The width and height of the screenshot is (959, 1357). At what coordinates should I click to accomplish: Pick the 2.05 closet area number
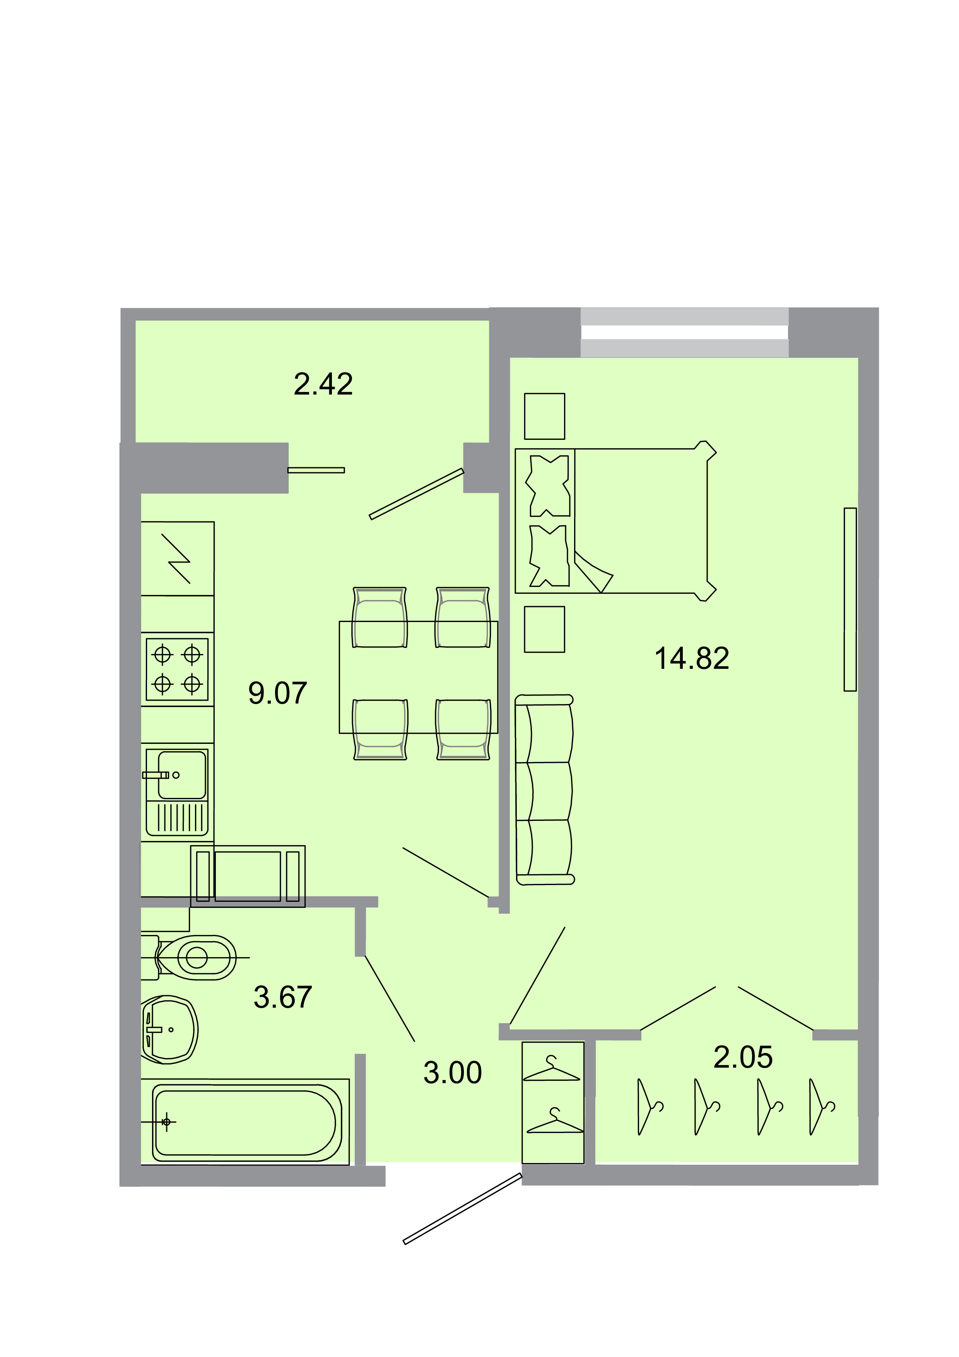[743, 1057]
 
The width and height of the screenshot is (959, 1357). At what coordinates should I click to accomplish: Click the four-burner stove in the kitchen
[177, 670]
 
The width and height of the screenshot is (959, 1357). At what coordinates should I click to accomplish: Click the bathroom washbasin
[169, 1030]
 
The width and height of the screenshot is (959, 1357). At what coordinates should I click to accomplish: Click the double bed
[615, 521]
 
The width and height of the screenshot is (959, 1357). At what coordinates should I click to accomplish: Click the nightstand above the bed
[544, 417]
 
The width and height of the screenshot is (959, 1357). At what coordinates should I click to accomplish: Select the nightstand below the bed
[544, 629]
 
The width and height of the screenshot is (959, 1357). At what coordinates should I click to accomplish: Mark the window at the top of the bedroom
[684, 333]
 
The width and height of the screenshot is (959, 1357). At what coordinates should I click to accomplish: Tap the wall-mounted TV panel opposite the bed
[850, 599]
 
